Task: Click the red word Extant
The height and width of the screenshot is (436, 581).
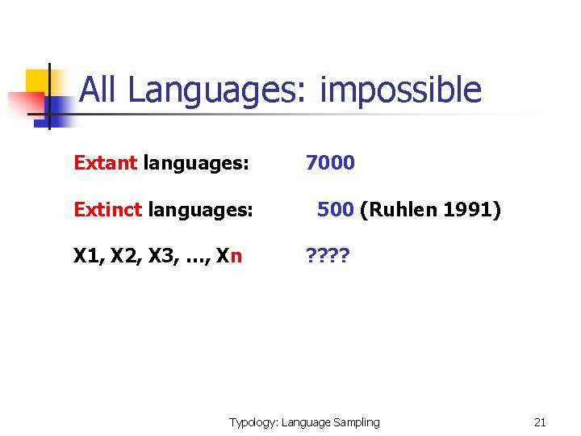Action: [x=105, y=162]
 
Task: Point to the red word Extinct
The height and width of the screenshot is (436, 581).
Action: [x=106, y=210]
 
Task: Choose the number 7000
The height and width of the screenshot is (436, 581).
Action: [x=330, y=162]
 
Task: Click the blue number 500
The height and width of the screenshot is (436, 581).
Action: [x=335, y=210]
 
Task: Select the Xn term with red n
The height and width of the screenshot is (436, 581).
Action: [x=228, y=257]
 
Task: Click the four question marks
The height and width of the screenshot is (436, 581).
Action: [x=327, y=257]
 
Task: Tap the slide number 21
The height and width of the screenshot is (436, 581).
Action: [x=540, y=421]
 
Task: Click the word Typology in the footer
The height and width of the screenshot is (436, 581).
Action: [x=253, y=421]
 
